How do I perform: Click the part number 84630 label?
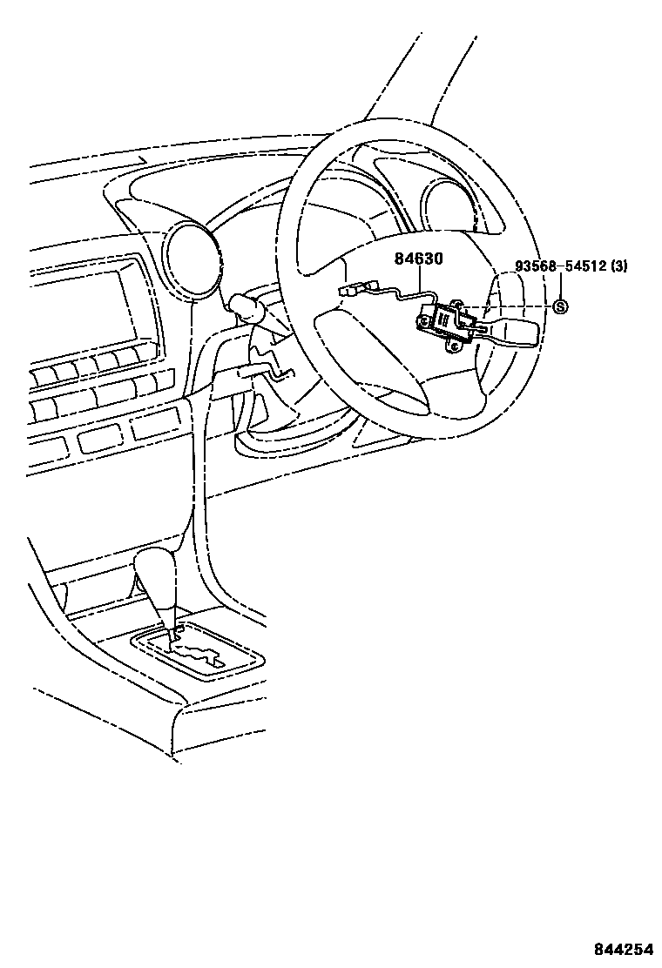[x=419, y=259]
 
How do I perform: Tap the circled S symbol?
[x=561, y=306]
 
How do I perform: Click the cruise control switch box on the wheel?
[x=445, y=321]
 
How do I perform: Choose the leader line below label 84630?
[x=422, y=283]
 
